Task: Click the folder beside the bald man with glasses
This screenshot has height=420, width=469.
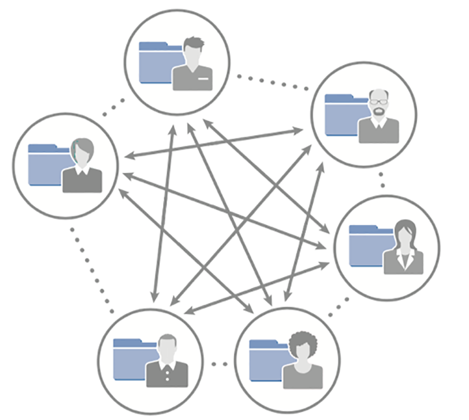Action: pyautogui.click(x=340, y=116)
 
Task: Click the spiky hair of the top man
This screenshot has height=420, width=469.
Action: pyautogui.click(x=194, y=44)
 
